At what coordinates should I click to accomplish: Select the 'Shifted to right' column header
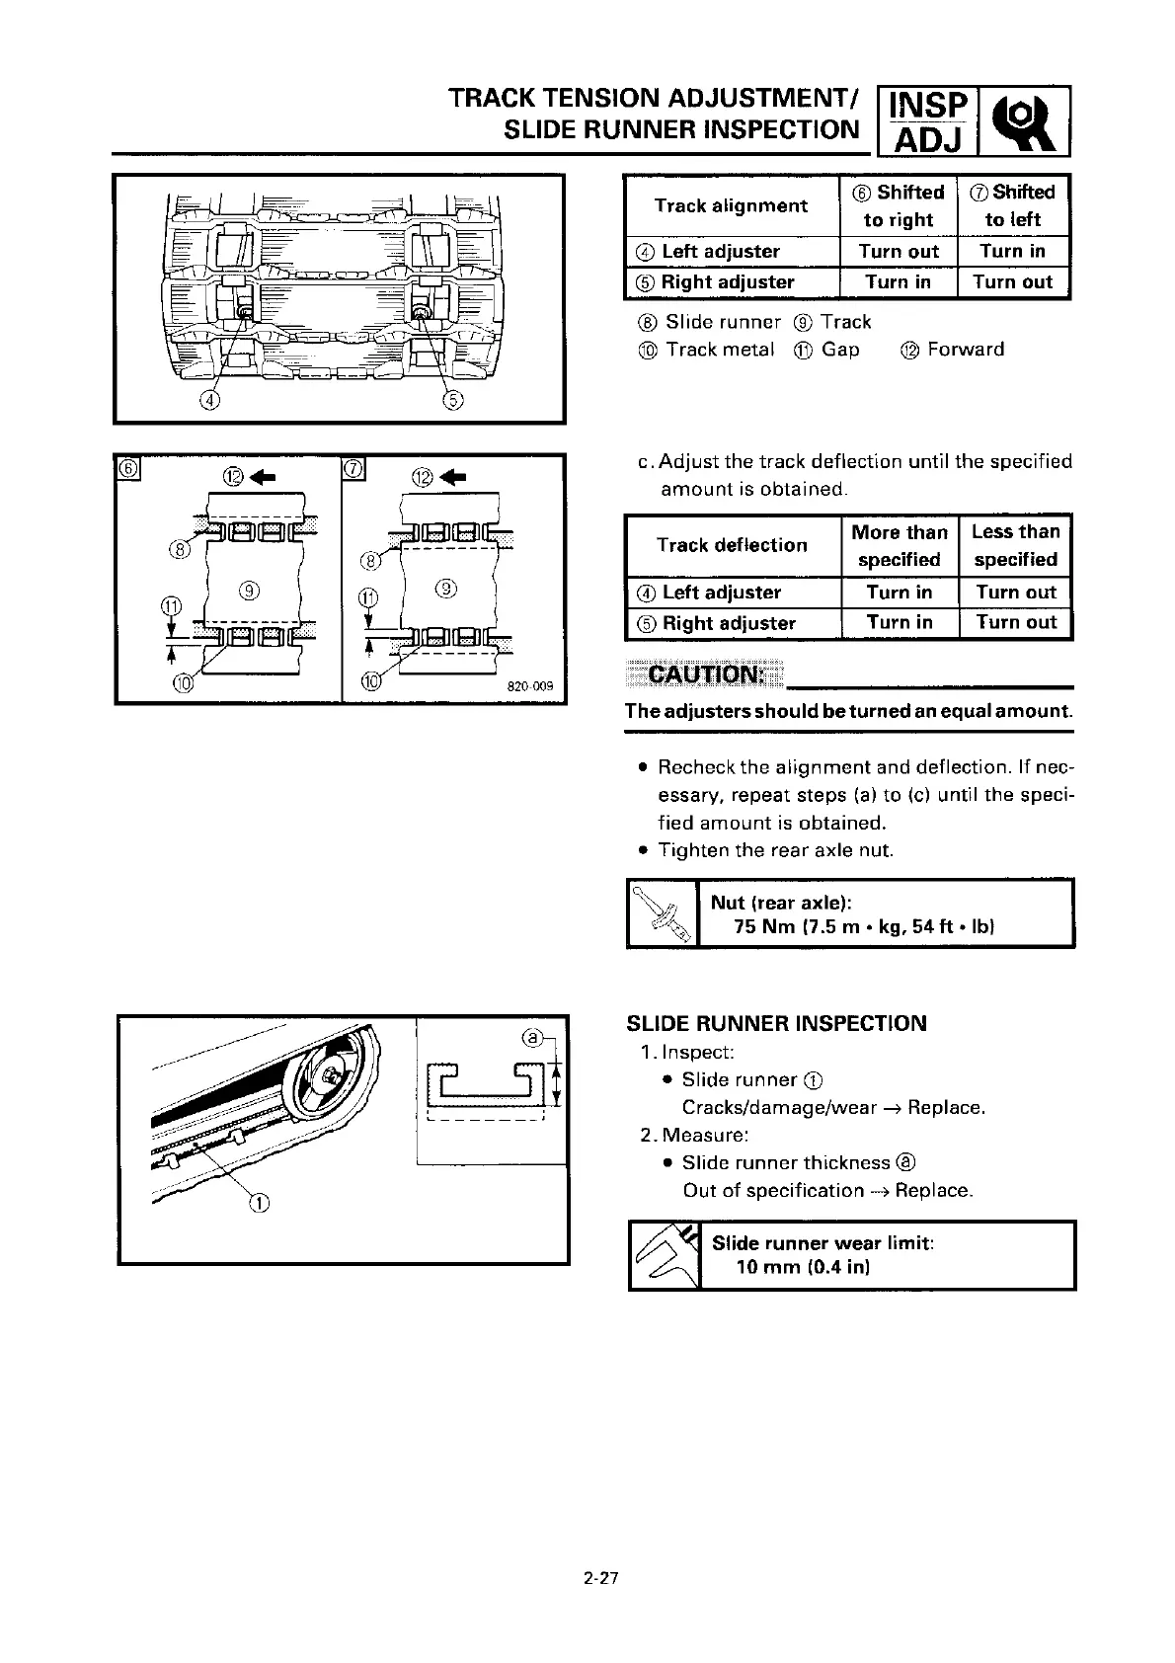tap(899, 205)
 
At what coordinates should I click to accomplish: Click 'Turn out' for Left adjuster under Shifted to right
tap(899, 252)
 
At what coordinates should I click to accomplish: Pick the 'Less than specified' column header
tap(1015, 545)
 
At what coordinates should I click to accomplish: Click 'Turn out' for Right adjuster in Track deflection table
tap(1015, 623)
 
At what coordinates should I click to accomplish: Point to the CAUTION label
tap(703, 675)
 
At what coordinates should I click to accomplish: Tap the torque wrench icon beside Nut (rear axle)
tap(663, 913)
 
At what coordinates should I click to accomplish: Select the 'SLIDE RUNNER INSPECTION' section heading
tap(777, 1023)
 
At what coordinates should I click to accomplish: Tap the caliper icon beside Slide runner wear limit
tap(665, 1255)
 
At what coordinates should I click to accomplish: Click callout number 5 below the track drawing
tap(453, 401)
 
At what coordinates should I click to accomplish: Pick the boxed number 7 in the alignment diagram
tap(353, 468)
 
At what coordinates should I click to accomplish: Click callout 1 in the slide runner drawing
tap(259, 1203)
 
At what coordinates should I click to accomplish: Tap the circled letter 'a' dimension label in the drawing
tap(531, 1038)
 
